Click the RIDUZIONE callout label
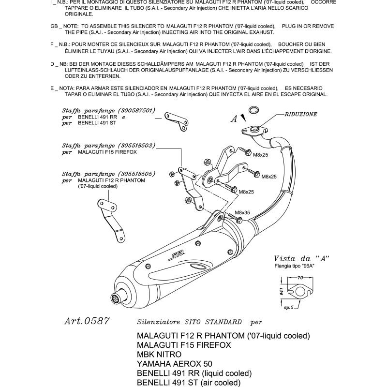click(x=301, y=115)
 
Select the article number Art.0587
click(x=87, y=321)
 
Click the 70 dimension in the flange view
click(x=300, y=278)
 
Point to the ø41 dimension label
click(x=281, y=292)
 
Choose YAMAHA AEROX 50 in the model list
click(x=175, y=364)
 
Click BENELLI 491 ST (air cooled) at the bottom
click(x=189, y=383)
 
